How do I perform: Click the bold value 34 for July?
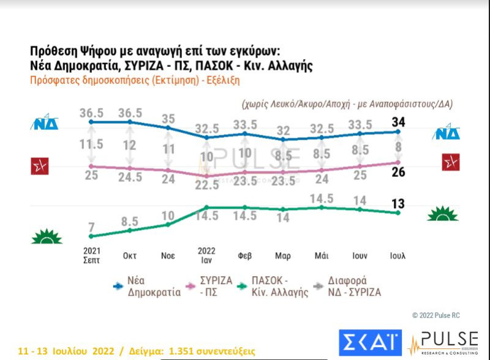click(398, 119)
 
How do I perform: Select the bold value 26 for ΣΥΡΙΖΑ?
click(398, 173)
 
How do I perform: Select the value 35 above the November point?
click(168, 119)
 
